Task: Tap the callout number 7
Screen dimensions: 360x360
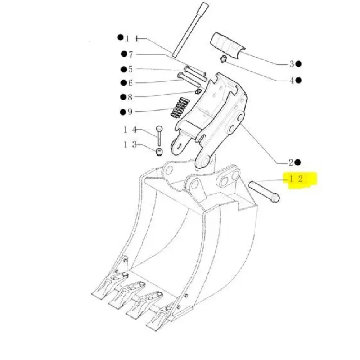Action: pyautogui.click(x=131, y=54)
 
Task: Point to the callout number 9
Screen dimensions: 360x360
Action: pyautogui.click(x=130, y=112)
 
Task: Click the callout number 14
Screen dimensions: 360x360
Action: pyautogui.click(x=130, y=130)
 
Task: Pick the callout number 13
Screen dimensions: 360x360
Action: pyautogui.click(x=130, y=145)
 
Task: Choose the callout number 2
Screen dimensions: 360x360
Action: pyautogui.click(x=291, y=163)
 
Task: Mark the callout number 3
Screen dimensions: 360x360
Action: pyautogui.click(x=292, y=64)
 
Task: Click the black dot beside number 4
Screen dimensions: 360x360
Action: pyautogui.click(x=298, y=80)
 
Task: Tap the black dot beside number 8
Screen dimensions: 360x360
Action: pyautogui.click(x=123, y=97)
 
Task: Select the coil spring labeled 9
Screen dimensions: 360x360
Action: pyautogui.click(x=180, y=107)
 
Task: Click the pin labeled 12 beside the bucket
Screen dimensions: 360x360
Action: pyautogui.click(x=264, y=192)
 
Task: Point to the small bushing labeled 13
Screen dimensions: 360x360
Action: pyautogui.click(x=159, y=152)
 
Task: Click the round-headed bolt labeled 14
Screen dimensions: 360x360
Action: pyautogui.click(x=159, y=136)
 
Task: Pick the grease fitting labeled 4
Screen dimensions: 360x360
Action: pyautogui.click(x=223, y=59)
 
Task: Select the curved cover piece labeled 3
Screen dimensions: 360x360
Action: pyautogui.click(x=227, y=45)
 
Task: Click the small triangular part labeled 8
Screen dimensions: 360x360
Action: pyautogui.click(x=198, y=91)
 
